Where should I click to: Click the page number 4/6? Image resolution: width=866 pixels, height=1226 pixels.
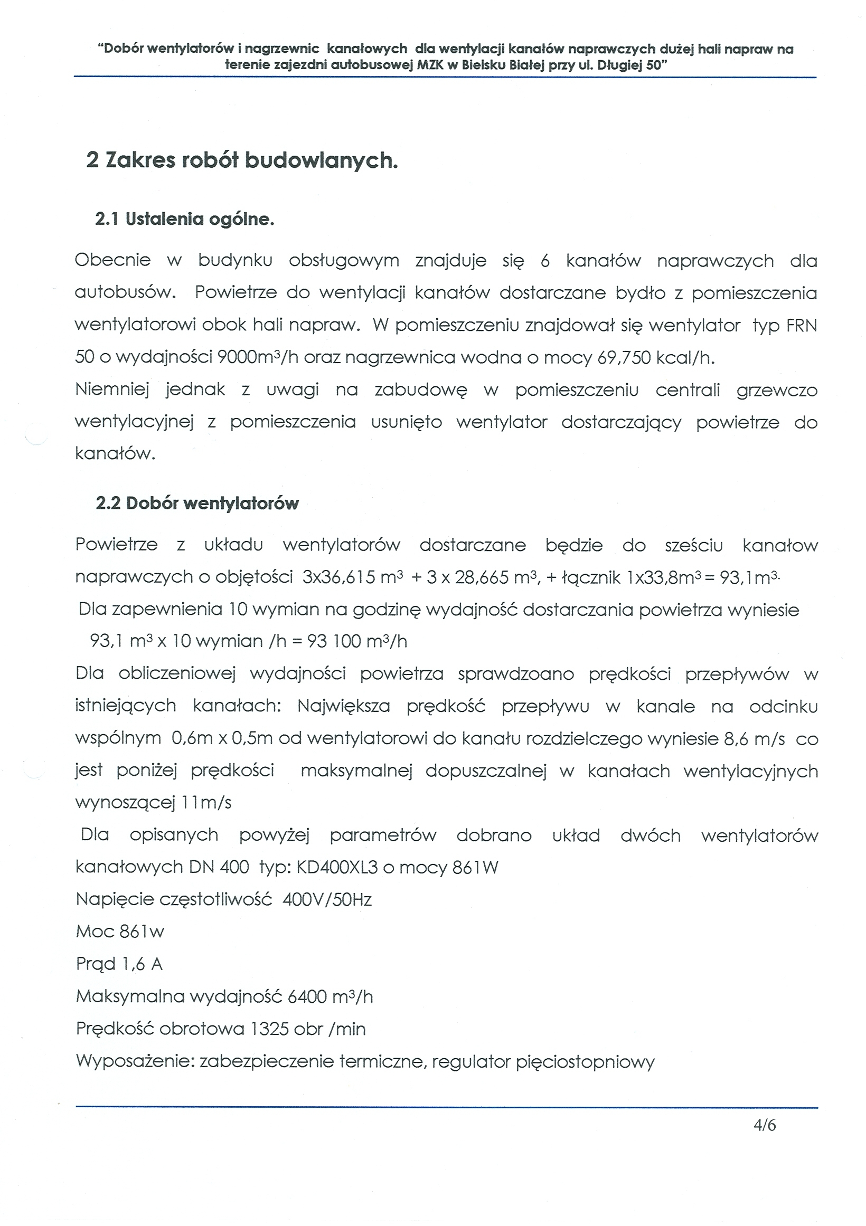(x=764, y=1125)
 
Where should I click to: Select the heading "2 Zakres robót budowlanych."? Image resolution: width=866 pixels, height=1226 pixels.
(x=242, y=160)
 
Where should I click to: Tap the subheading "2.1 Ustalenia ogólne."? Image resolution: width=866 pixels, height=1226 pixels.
(x=184, y=219)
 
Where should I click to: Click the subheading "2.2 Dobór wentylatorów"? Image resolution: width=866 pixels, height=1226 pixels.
(x=197, y=503)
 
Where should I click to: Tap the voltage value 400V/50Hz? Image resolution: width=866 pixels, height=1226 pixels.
(x=327, y=900)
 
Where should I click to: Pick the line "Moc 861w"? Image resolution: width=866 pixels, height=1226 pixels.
(x=120, y=932)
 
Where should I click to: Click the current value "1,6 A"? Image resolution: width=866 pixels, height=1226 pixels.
(x=142, y=964)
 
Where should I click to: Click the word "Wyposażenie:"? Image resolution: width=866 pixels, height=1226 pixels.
(x=135, y=1061)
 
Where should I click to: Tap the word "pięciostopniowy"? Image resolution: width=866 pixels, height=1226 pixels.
(x=585, y=1061)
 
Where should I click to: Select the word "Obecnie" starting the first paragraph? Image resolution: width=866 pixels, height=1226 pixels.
(x=112, y=260)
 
